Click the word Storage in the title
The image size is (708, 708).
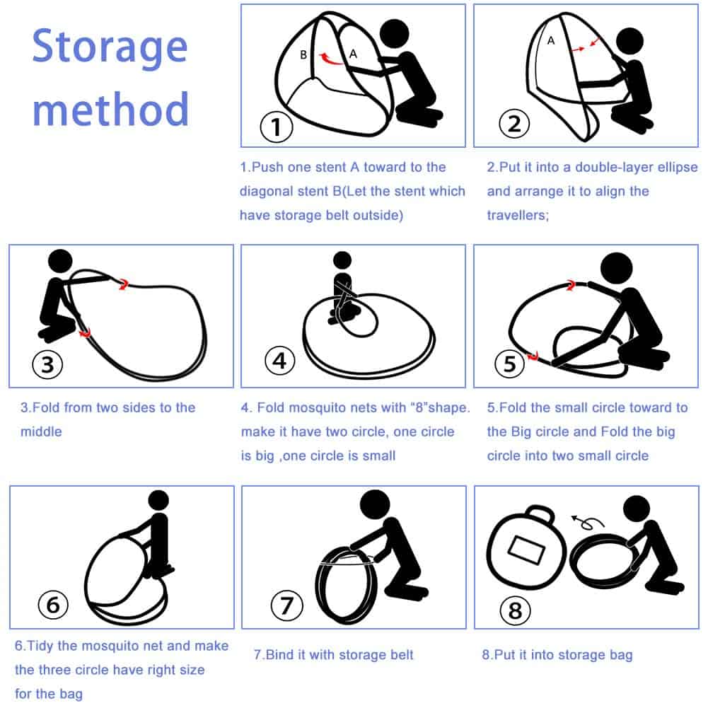coord(110,48)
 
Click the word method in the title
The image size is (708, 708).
coord(110,109)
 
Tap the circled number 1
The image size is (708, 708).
coord(277,127)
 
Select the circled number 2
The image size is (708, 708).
coord(514,124)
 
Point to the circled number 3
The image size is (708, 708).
coord(48,364)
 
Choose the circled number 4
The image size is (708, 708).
coord(280,361)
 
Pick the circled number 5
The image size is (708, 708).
coord(510,364)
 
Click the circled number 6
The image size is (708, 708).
coord(53,605)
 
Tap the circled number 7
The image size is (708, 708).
coord(286,605)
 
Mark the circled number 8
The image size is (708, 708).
coord(515,610)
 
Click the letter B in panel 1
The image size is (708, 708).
coord(303,54)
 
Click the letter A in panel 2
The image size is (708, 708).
coord(551,40)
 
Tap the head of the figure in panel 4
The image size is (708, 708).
coord(342,260)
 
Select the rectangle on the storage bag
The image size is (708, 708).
coord(526,550)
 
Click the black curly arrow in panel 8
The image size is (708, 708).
coord(587,522)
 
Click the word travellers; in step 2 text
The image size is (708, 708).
coord(518,216)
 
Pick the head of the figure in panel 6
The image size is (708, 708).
coord(158,500)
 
